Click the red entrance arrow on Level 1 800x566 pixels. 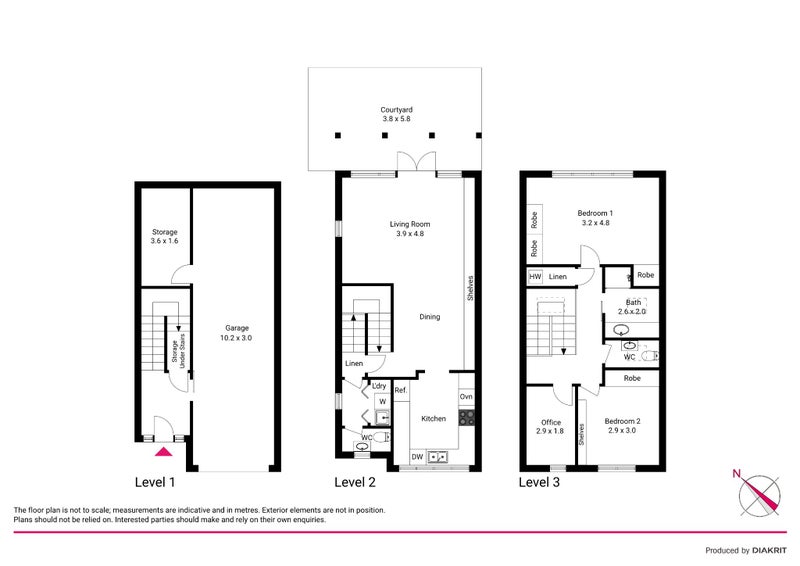point(163,452)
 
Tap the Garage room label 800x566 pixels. point(236,333)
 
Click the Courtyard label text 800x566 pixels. point(396,114)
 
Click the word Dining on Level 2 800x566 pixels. point(429,317)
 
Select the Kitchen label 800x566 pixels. point(433,418)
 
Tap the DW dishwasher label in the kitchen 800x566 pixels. point(417,457)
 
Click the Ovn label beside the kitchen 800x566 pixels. point(466,397)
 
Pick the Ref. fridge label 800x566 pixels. point(400,390)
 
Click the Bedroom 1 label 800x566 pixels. point(595,218)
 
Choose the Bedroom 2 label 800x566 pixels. point(622,427)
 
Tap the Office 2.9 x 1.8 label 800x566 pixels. point(551,427)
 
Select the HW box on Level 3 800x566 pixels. point(535,276)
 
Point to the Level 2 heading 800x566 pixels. point(355,483)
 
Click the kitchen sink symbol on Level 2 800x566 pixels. point(438,458)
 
